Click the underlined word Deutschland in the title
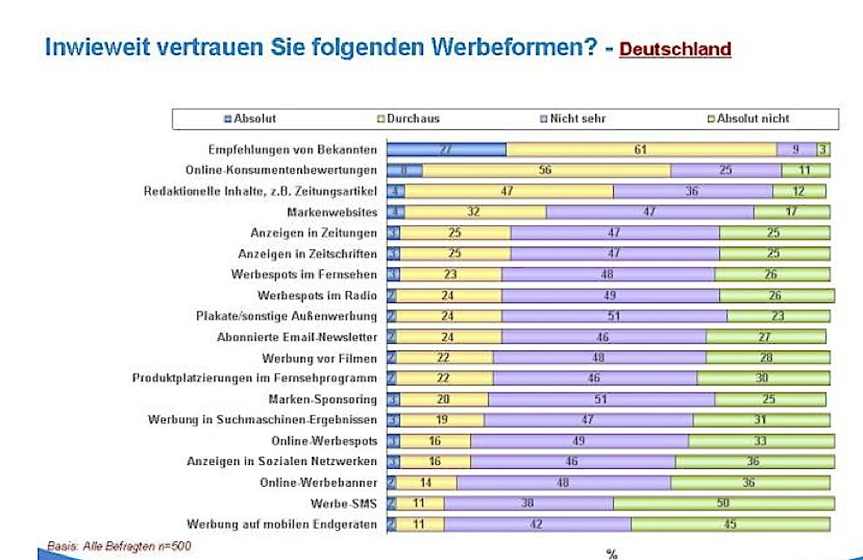point(675,49)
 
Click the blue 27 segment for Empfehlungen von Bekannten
point(446,149)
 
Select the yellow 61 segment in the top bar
point(641,149)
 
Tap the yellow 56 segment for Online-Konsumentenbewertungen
point(546,170)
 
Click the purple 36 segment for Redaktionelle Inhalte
point(693,191)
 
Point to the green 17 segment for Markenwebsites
point(792,212)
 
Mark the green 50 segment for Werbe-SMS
point(722,503)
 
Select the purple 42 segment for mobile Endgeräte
point(537,524)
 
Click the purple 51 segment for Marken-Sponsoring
point(601,399)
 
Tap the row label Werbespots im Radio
point(317,295)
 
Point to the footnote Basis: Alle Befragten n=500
point(119,546)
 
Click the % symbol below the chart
point(611,554)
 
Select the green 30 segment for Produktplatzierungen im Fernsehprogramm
point(763,378)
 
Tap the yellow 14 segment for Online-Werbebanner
point(426,483)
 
